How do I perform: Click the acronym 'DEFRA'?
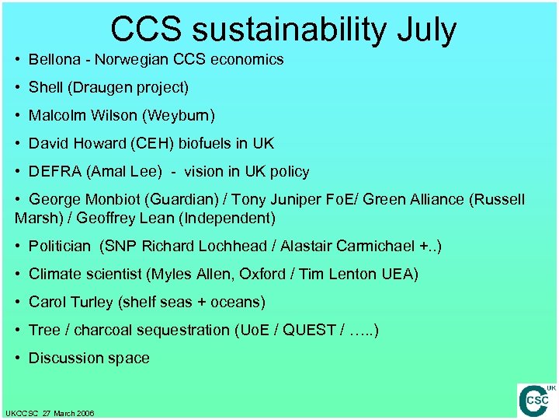point(52,172)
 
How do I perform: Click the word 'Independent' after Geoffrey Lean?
point(234,219)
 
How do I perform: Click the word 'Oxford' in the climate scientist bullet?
point(262,275)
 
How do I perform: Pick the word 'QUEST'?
point(307,331)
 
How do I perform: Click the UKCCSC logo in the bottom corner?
point(536,400)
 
